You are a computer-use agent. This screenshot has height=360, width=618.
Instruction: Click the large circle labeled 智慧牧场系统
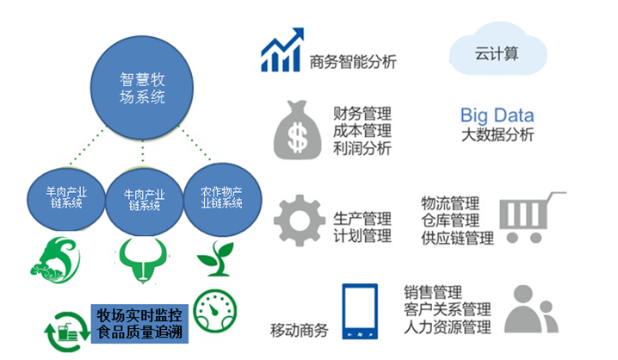click(x=142, y=88)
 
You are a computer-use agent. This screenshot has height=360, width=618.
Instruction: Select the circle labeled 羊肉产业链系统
click(x=65, y=199)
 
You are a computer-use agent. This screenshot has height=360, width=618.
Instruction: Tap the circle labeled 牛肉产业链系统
click(x=145, y=201)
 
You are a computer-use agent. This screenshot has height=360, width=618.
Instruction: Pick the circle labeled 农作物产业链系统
click(x=222, y=199)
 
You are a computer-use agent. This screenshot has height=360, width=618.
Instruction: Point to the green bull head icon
click(x=143, y=259)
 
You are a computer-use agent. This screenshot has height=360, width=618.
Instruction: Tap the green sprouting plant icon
click(x=215, y=258)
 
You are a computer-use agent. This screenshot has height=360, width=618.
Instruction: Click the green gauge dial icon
click(x=215, y=311)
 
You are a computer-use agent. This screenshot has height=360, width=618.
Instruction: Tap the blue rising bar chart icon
click(x=282, y=50)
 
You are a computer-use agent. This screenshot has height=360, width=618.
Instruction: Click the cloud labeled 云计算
click(x=497, y=49)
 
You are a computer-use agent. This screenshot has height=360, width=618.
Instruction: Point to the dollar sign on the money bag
click(x=298, y=138)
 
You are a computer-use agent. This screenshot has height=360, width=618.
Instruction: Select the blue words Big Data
click(x=497, y=115)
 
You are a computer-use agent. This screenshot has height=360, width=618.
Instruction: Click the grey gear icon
click(x=300, y=220)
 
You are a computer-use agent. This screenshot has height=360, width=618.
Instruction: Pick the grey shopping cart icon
click(x=532, y=217)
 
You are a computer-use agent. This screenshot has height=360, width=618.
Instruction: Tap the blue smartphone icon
click(x=360, y=311)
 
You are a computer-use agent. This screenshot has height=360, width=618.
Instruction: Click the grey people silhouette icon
click(x=530, y=309)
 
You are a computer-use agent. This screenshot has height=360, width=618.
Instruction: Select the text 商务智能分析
click(x=353, y=62)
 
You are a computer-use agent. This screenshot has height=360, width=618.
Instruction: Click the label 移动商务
click(x=300, y=331)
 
